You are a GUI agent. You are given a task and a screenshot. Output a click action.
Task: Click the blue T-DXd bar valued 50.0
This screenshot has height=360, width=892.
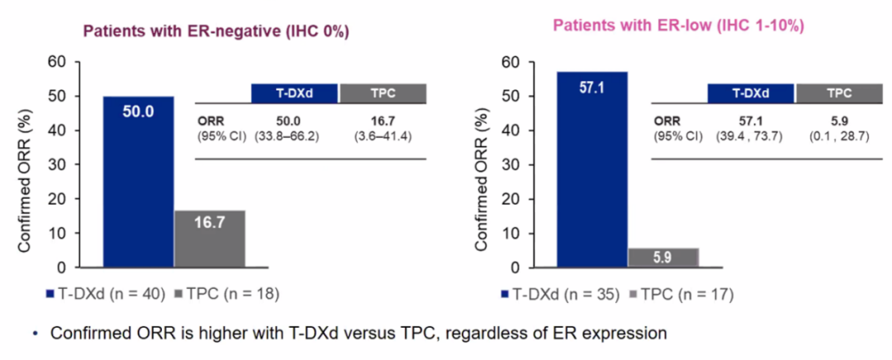[138, 182]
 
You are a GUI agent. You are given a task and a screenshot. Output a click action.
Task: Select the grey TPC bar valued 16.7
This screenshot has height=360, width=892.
[210, 239]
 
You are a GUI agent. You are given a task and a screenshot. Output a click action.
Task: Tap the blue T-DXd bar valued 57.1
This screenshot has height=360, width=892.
[591, 169]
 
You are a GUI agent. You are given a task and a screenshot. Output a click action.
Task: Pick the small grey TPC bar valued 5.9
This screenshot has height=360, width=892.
[663, 258]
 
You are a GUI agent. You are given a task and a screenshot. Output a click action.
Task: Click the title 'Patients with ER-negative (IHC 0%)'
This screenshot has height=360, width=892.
[214, 32]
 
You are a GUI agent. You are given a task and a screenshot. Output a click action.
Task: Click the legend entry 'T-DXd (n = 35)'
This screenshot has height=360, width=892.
[557, 293]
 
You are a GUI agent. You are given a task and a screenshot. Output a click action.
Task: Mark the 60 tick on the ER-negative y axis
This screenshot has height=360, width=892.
[57, 61]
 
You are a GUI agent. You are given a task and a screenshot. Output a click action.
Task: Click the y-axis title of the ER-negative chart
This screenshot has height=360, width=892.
[25, 165]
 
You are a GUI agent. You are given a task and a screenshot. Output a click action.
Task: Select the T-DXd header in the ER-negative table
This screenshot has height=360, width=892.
[294, 92]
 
